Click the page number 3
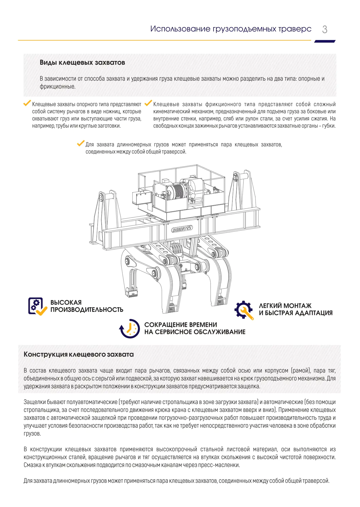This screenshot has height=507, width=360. click(x=325, y=29)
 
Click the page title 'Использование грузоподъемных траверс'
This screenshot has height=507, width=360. click(x=231, y=29)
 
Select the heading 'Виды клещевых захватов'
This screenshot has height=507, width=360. click(x=82, y=63)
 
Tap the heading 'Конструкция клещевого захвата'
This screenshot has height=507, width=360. click(x=79, y=354)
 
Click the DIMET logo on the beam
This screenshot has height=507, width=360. click(x=182, y=229)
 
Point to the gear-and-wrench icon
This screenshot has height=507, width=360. click(x=244, y=310)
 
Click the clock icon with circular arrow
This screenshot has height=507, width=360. click(x=130, y=328)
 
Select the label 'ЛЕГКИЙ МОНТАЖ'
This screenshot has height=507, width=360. click(x=285, y=306)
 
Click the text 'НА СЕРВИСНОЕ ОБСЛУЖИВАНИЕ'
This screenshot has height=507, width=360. click(x=195, y=332)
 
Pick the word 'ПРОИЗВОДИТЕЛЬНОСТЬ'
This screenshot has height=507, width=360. click(x=87, y=310)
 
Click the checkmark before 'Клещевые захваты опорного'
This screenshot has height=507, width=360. click(x=27, y=103)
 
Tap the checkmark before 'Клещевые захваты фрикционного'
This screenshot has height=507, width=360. click(x=148, y=103)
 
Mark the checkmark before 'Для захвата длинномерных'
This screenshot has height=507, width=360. click(x=81, y=143)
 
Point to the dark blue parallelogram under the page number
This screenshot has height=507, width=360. click(x=325, y=41)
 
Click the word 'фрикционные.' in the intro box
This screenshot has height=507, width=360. click(x=58, y=87)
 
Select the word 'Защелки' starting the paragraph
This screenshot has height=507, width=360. click(x=34, y=402)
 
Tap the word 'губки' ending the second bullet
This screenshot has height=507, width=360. click(x=329, y=126)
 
